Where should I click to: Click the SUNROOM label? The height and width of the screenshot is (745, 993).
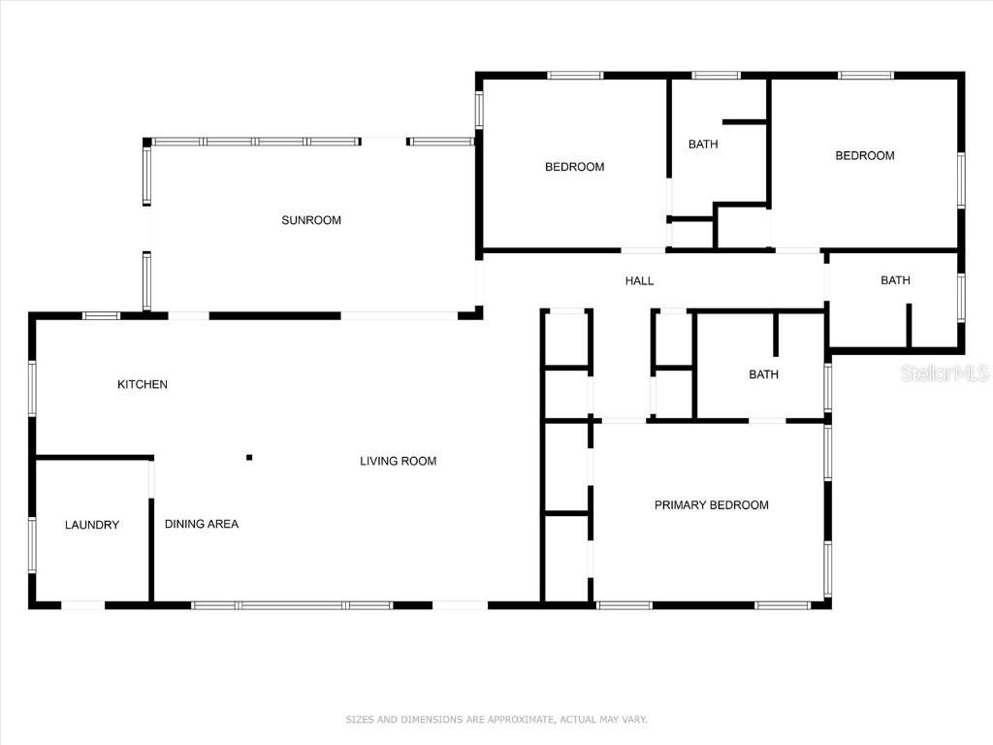tap(311, 220)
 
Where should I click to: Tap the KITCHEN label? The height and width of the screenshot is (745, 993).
tap(143, 385)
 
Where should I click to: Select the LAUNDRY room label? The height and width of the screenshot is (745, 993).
tap(92, 525)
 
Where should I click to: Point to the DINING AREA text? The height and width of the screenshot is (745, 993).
tap(202, 524)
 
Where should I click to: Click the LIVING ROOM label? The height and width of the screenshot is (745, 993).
tap(398, 461)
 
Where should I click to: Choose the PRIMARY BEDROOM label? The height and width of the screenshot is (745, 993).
tap(711, 504)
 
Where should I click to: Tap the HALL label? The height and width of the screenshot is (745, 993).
tap(639, 281)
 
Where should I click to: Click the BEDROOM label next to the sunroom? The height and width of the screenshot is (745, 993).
tap(574, 167)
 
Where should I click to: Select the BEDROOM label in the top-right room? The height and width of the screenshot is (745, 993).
tap(865, 155)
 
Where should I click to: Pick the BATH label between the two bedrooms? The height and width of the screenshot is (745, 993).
tap(703, 145)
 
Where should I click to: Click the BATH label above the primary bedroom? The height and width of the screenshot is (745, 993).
tap(763, 374)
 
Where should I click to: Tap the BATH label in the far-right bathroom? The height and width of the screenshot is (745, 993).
tap(895, 280)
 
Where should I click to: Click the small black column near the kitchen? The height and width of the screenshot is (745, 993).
tap(249, 457)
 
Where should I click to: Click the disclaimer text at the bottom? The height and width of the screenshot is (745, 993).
tap(496, 720)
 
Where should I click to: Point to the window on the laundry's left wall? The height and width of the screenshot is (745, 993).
tap(32, 544)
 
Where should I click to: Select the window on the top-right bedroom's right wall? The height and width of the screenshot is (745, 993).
tap(961, 179)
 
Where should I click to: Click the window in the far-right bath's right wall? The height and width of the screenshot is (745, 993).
tap(961, 297)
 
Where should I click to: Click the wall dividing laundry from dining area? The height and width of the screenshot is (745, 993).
tap(150, 549)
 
